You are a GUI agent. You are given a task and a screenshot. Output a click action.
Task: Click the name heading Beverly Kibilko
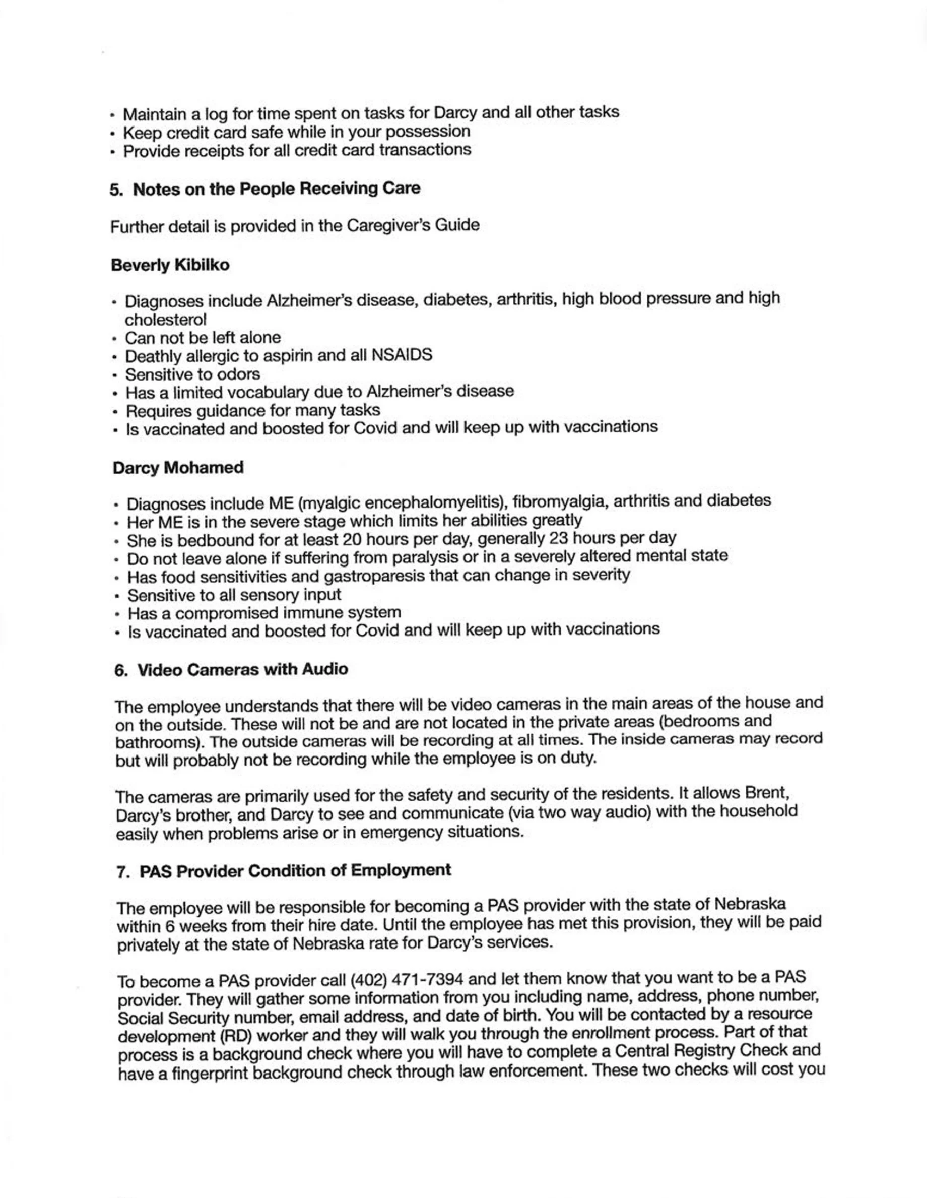(x=170, y=265)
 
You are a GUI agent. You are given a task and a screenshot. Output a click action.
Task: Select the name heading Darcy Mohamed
(x=178, y=468)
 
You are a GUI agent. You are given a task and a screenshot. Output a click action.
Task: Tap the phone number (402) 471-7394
(x=407, y=979)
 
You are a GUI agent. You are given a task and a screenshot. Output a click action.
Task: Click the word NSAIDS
(x=402, y=355)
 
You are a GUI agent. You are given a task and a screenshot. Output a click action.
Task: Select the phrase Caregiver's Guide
(x=413, y=225)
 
